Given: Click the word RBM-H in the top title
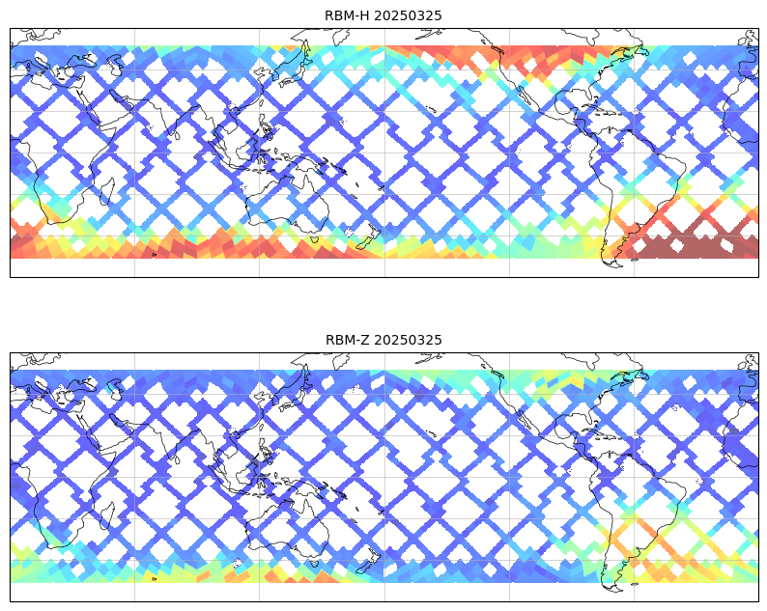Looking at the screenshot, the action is point(348,15).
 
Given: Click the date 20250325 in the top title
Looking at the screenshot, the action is point(408,15).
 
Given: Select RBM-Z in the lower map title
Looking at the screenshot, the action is point(348,340).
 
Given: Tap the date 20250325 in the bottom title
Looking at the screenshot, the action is point(409,340).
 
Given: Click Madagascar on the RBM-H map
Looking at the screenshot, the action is point(107,191).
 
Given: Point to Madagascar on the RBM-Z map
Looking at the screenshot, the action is point(107,515).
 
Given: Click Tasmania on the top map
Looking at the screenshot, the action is point(315,239).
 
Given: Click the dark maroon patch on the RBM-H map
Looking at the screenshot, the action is point(690,246).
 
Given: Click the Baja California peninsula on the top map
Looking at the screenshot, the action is point(527,96).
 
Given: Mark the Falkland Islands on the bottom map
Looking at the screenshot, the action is point(635,584).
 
